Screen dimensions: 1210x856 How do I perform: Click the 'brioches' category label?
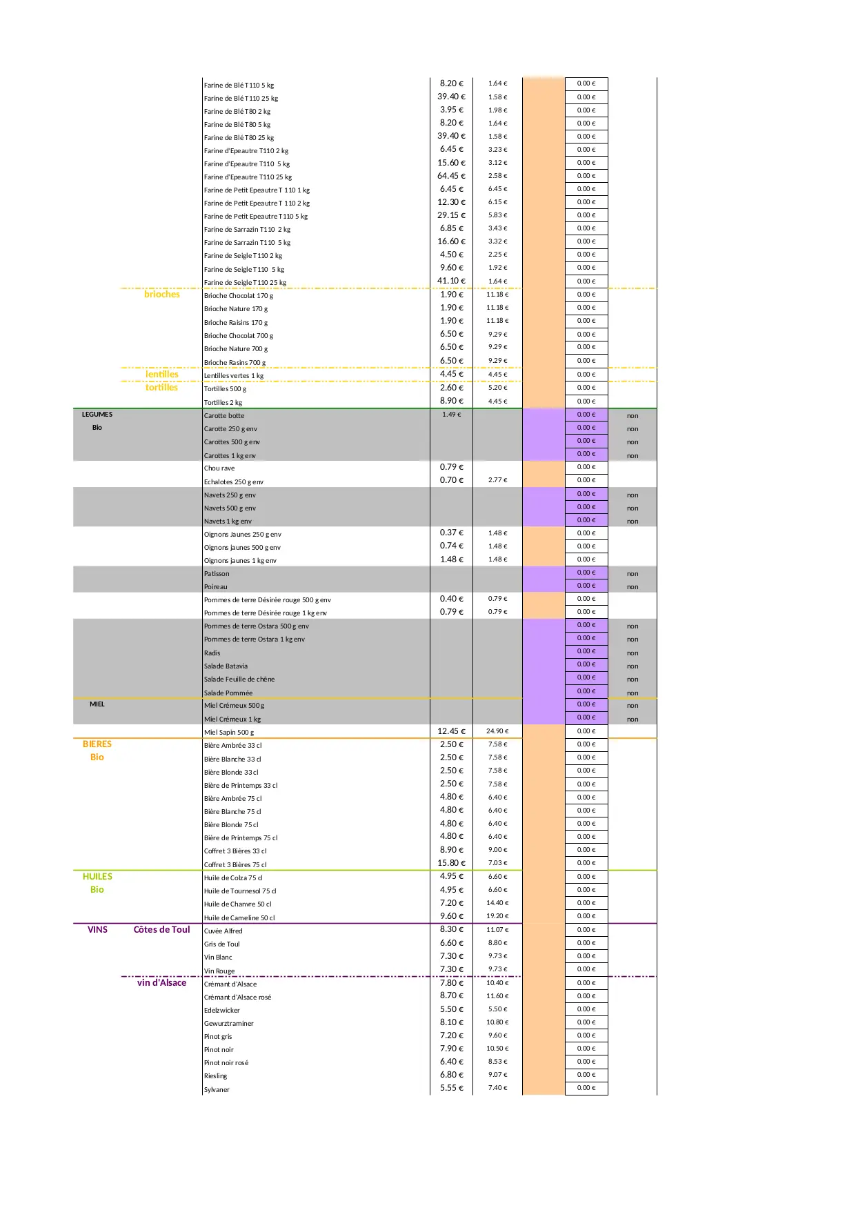[161, 295]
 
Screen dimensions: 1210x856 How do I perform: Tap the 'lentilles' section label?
[161, 375]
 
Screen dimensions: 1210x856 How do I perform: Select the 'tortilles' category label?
[161, 388]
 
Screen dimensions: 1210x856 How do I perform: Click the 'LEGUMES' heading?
[97, 415]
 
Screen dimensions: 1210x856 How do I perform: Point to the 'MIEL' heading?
[97, 704]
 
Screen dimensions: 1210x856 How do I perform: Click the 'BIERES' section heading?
[97, 744]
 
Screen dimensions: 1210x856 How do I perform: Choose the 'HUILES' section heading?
[97, 877]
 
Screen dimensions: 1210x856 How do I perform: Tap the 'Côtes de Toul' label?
[161, 930]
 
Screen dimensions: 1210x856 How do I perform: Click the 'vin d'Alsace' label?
[161, 983]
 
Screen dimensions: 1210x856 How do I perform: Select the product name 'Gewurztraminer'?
[229, 1024]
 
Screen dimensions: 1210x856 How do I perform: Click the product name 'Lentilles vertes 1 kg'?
[234, 376]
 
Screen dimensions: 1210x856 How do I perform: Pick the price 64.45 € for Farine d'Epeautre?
[451, 176]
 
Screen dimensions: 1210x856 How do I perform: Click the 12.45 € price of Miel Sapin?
[451, 731]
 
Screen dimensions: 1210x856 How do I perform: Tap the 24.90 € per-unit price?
[497, 731]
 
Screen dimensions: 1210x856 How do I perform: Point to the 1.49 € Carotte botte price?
[451, 415]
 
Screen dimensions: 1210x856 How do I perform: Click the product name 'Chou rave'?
[219, 468]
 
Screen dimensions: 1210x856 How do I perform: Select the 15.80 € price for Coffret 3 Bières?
[451, 863]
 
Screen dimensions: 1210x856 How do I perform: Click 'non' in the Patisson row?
[633, 574]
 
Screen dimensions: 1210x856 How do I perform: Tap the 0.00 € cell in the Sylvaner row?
[586, 1088]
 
